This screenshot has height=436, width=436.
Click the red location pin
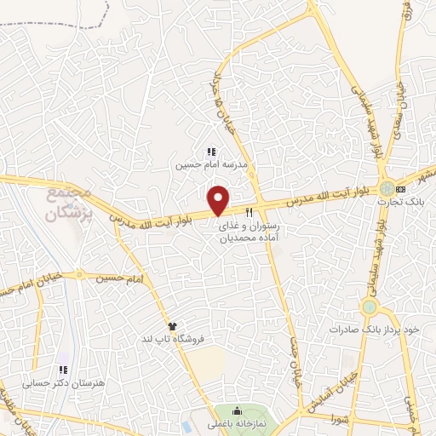(220, 200)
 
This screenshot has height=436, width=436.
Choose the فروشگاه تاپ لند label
(181, 339)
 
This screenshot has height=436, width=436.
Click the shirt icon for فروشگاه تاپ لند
(172, 325)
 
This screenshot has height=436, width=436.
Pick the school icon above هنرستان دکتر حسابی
(62, 370)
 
